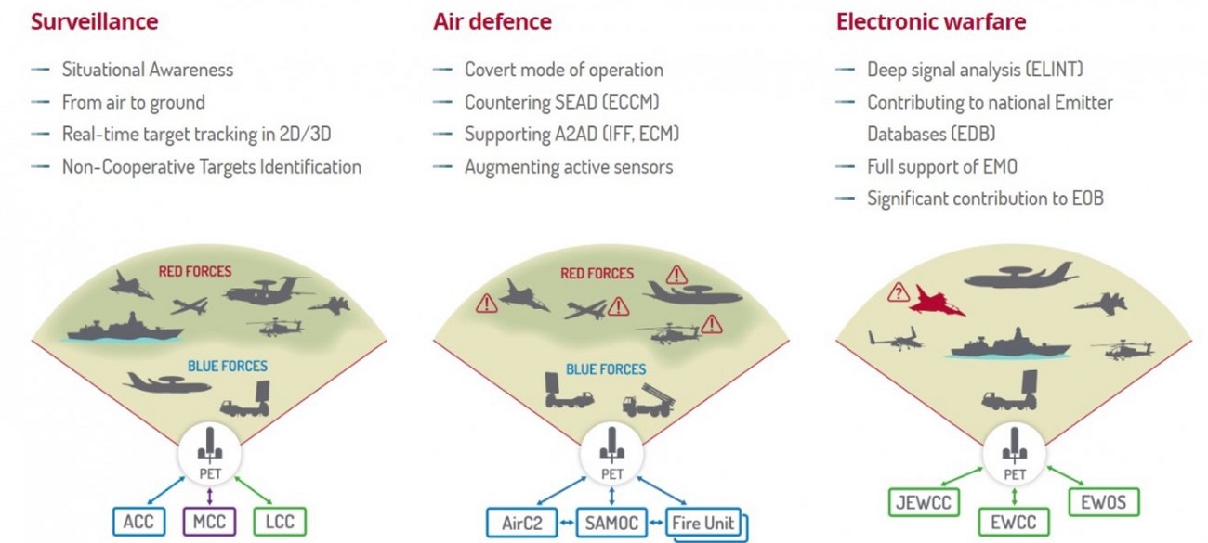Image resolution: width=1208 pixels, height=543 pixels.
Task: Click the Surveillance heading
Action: (95, 21)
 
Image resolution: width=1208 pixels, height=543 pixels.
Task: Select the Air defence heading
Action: (492, 21)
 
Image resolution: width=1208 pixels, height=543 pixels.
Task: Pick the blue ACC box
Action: (138, 522)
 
